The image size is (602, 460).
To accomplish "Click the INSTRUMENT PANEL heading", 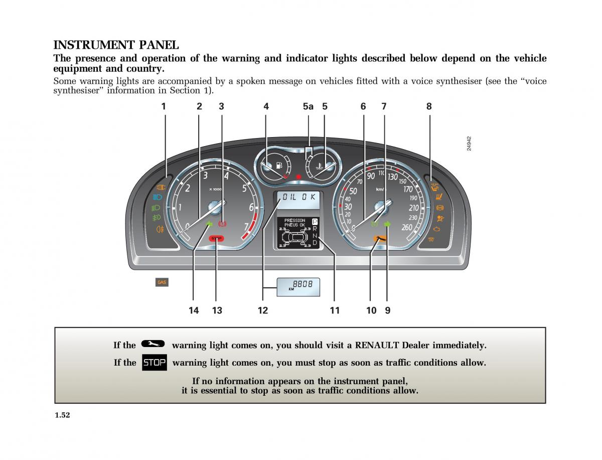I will (116, 45).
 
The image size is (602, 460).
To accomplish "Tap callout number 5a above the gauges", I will (308, 106).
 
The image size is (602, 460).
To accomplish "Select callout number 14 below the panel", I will (194, 310).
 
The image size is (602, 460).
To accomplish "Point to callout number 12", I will (263, 310).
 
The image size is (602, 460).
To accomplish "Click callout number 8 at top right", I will (429, 106).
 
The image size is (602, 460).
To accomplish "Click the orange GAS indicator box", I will (162, 282).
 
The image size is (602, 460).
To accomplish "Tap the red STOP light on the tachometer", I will (217, 239).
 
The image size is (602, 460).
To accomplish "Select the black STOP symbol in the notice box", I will (154, 363).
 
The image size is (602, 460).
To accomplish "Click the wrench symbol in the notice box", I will (153, 344).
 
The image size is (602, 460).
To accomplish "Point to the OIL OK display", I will (299, 197).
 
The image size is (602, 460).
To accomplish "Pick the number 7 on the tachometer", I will (246, 226).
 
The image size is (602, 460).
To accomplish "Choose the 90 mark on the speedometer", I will (371, 176).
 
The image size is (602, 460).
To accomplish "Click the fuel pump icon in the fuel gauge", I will (279, 164).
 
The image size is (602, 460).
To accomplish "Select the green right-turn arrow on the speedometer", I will (387, 224).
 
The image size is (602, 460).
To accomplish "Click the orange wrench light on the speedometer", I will (379, 240).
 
